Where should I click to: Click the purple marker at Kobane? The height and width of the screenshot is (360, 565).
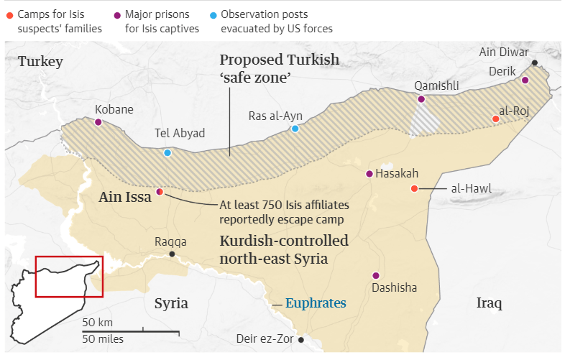(98, 122)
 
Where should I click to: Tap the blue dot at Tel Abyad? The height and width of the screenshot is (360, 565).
(167, 152)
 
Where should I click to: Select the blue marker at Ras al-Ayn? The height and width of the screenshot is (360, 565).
(295, 129)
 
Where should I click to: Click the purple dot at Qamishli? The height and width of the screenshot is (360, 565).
(421, 99)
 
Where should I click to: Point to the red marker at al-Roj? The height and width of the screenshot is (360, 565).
(495, 119)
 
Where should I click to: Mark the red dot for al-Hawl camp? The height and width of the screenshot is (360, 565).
(414, 188)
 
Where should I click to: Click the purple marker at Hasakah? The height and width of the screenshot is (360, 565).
(369, 174)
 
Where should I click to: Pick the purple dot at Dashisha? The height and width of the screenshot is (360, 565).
(375, 275)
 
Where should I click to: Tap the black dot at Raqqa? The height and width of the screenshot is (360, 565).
(172, 254)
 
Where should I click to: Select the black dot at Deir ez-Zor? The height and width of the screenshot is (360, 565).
(301, 340)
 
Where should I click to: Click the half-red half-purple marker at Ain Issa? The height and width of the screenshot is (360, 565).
(159, 192)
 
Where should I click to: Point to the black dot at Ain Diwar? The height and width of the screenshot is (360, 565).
(534, 63)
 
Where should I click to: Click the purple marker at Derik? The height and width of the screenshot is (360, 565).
(525, 80)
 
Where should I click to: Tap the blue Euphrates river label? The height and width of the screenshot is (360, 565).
(316, 303)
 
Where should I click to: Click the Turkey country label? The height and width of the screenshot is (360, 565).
(40, 62)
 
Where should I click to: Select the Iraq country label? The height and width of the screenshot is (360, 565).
(490, 303)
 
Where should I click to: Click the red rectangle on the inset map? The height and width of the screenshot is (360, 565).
(70, 276)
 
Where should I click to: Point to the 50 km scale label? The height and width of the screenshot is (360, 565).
(97, 321)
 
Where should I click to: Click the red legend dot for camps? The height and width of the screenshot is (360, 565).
(9, 14)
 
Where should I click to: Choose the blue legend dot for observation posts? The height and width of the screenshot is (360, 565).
(213, 14)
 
